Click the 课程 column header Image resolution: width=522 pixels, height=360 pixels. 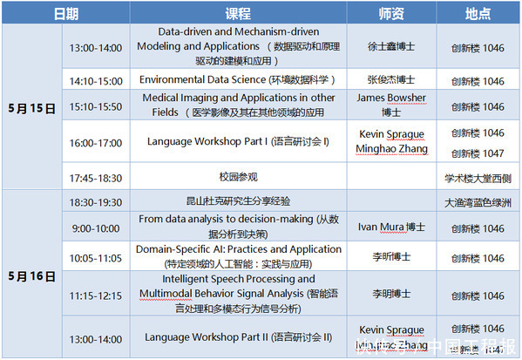point(238,13)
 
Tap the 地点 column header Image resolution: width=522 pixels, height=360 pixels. point(478,13)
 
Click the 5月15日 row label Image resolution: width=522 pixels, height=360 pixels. point(32,109)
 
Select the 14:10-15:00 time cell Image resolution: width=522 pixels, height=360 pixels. point(97,80)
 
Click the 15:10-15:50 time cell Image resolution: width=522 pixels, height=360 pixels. point(97,106)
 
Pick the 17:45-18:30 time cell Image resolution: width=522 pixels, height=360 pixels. point(97,178)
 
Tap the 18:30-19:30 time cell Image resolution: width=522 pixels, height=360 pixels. point(97,201)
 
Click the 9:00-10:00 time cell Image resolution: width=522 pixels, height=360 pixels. point(97,228)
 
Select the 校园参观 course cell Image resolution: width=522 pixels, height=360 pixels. point(238,178)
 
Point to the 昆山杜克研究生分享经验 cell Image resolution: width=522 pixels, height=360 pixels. point(238,201)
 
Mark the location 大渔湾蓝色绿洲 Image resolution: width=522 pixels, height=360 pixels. point(478,201)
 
